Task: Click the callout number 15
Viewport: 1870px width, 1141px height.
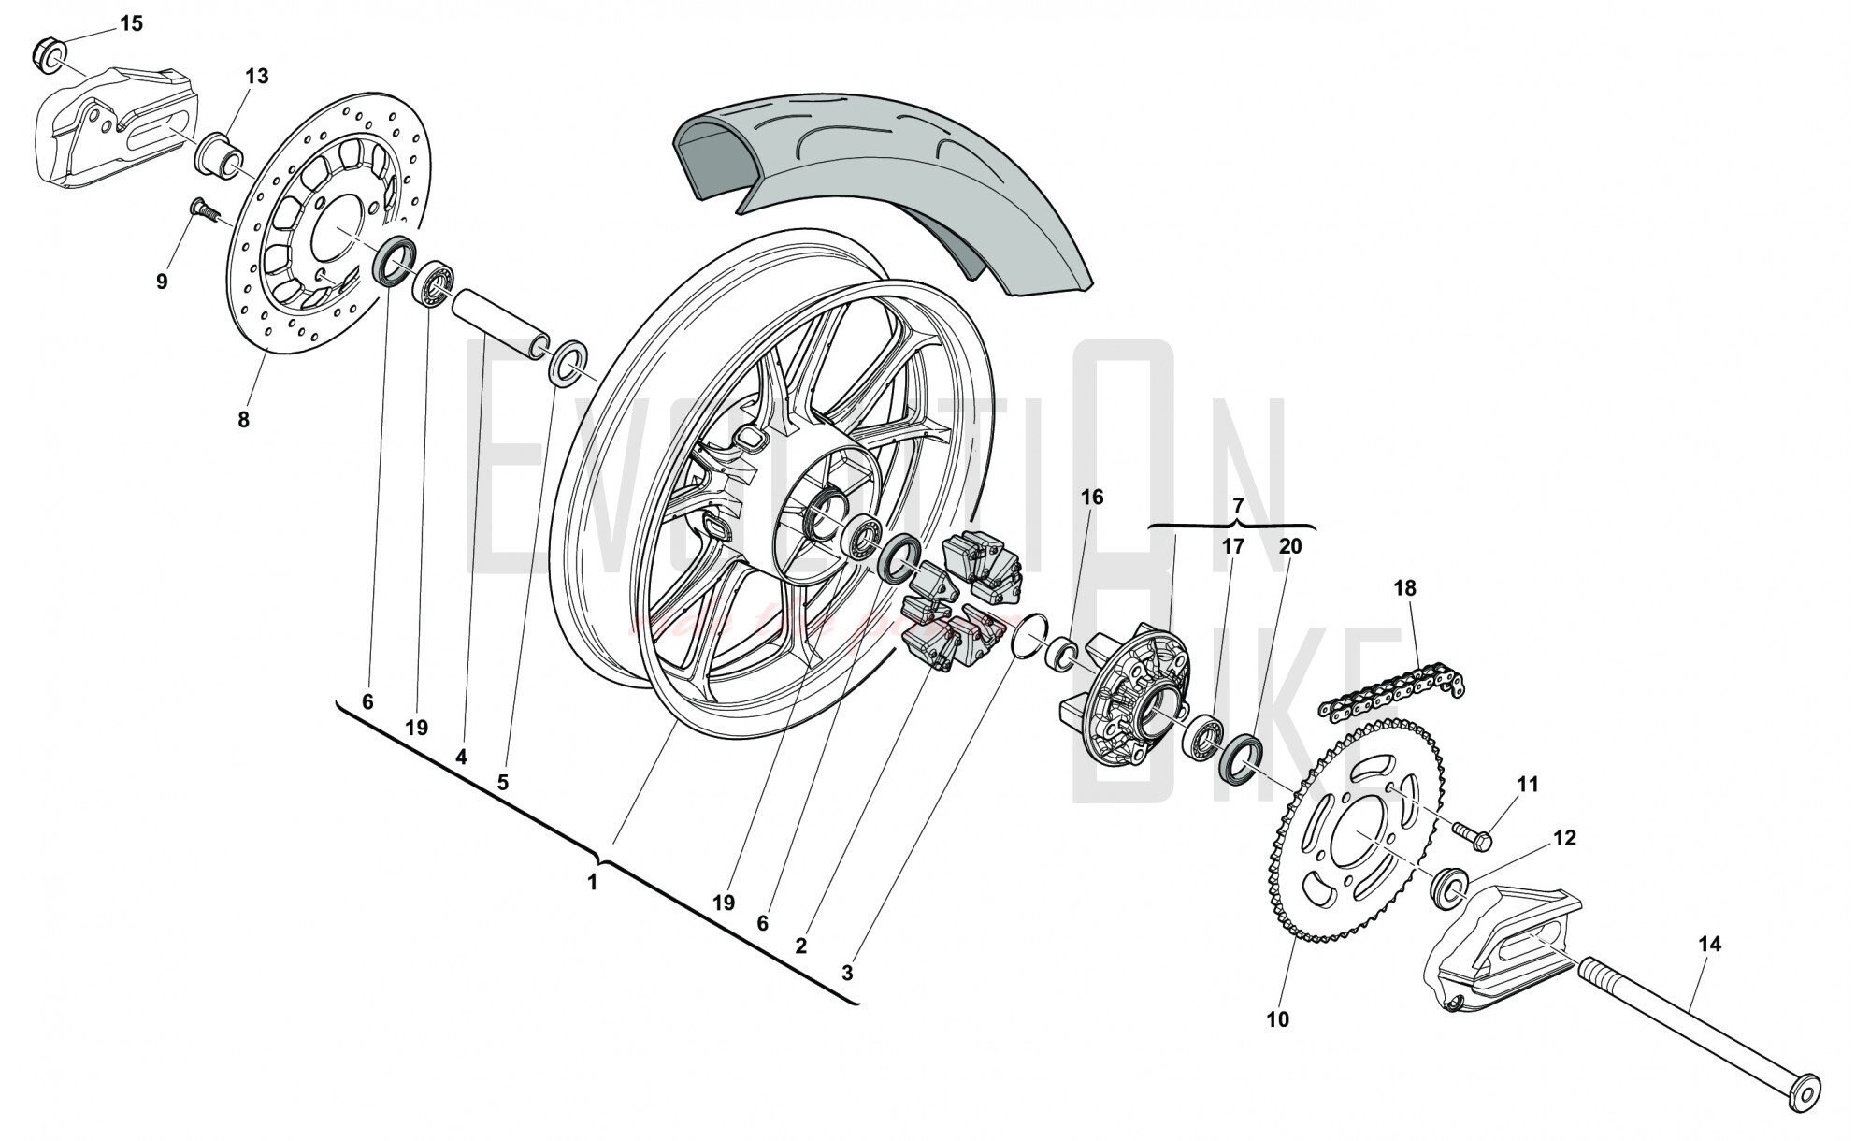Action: click(132, 23)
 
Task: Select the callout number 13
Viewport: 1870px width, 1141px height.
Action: click(256, 77)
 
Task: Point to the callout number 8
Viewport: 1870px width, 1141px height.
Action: click(243, 420)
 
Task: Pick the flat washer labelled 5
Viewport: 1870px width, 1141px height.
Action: click(568, 365)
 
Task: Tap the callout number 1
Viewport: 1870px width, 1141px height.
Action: click(592, 882)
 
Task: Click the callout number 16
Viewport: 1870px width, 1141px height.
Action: click(1092, 498)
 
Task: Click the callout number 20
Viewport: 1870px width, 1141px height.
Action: click(1289, 546)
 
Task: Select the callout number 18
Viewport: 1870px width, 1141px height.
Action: click(1404, 588)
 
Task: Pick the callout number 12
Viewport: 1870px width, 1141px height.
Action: click(1564, 838)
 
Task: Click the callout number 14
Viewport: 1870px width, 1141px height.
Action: click(1708, 946)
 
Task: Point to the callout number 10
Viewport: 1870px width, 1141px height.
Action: click(1277, 1019)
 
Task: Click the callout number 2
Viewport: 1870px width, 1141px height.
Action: click(800, 946)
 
